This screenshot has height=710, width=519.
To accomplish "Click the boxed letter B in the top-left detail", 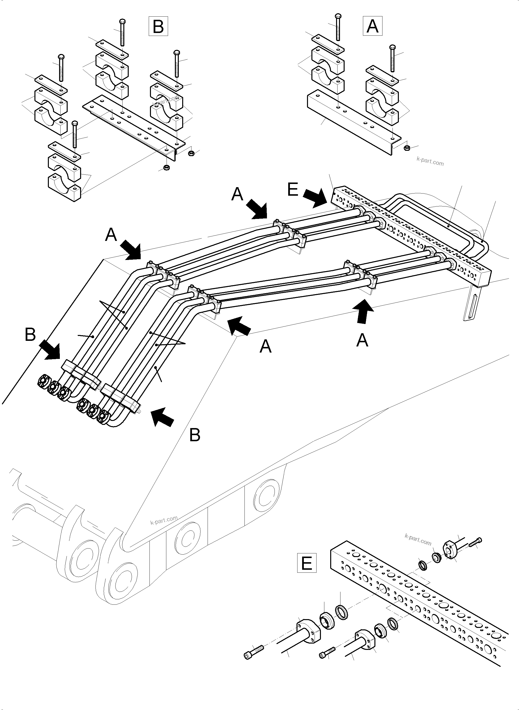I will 158,26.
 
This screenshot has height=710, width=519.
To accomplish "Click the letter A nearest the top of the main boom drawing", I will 237,194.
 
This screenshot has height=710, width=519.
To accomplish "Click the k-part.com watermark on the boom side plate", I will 164,520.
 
